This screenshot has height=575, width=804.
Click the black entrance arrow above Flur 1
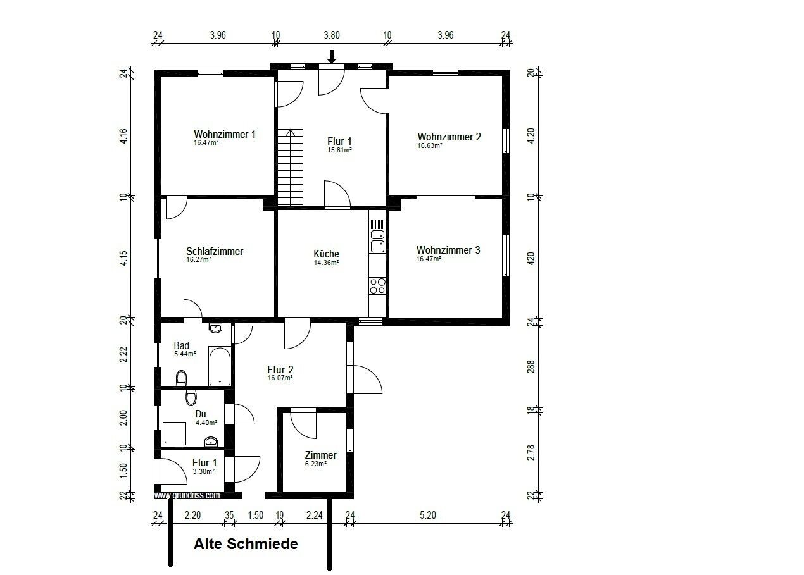(x=332, y=57)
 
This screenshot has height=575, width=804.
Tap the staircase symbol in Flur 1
(x=291, y=167)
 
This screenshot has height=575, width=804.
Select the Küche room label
(x=326, y=254)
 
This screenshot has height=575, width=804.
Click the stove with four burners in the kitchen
(x=377, y=285)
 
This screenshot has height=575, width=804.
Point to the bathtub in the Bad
(x=220, y=366)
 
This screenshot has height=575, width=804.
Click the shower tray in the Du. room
(x=175, y=433)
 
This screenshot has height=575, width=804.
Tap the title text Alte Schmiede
(x=246, y=544)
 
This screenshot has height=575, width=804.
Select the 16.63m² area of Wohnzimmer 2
(x=430, y=145)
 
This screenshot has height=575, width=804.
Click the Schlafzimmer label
(x=215, y=252)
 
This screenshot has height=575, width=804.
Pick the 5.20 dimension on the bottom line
(x=428, y=515)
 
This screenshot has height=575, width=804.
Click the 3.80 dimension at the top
(x=332, y=35)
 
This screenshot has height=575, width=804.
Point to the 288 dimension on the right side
(x=531, y=367)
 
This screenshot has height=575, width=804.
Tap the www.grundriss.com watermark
(x=187, y=495)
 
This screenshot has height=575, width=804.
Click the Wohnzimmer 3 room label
(x=448, y=250)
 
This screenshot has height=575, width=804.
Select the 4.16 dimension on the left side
(x=123, y=136)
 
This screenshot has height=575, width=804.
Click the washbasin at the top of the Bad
(x=215, y=328)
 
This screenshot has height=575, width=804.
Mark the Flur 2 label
(x=280, y=369)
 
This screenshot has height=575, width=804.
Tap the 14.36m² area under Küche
(x=326, y=263)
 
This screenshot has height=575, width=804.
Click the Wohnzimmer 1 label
(x=225, y=135)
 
